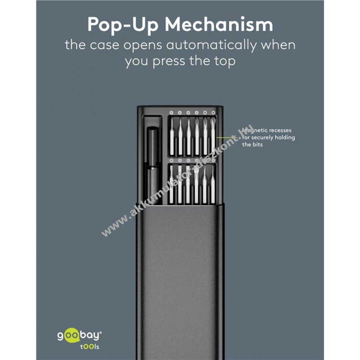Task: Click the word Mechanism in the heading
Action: [x=219, y=24]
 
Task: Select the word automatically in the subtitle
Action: [x=211, y=45]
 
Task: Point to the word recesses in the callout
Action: [x=280, y=130]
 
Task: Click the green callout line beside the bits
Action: [x=228, y=138]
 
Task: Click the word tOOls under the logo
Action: [x=90, y=346]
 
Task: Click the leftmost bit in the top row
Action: [x=172, y=137]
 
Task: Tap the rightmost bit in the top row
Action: [x=213, y=137]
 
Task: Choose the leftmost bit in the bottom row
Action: [x=172, y=184]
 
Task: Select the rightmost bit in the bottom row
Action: [x=213, y=184]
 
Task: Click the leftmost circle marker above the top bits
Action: [x=171, y=112]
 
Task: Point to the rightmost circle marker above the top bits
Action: [x=213, y=112]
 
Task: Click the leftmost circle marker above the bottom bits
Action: [x=171, y=160]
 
